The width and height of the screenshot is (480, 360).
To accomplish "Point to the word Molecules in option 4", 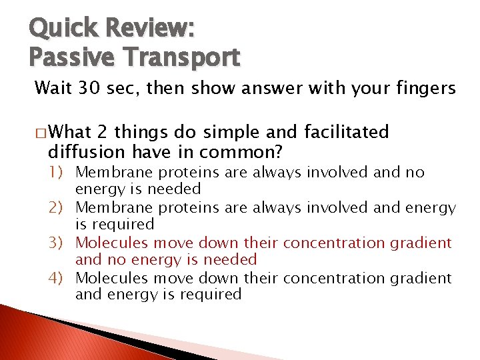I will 107,278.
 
